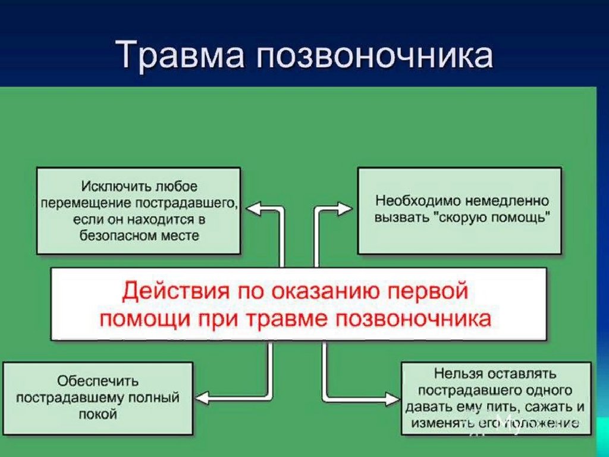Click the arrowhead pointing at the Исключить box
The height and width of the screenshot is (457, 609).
point(254,209)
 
